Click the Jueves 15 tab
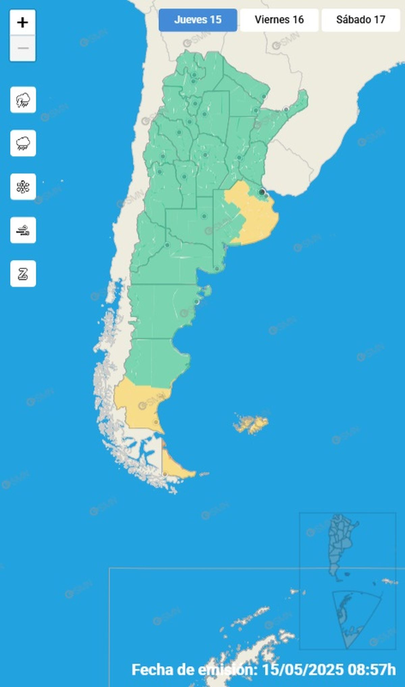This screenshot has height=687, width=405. click(198, 20)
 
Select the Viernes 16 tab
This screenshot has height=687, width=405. click(279, 20)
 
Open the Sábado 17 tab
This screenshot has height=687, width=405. click(360, 20)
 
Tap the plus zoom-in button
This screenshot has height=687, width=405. click(23, 23)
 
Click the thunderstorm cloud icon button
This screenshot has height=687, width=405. click(23, 100)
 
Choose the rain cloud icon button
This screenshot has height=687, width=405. click(23, 143)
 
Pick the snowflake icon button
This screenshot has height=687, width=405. click(23, 187)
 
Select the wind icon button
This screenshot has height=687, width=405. click(23, 230)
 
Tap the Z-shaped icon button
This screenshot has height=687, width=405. click(23, 274)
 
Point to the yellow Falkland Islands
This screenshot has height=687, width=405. click(251, 424)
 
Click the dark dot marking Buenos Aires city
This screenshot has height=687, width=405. click(262, 192)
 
